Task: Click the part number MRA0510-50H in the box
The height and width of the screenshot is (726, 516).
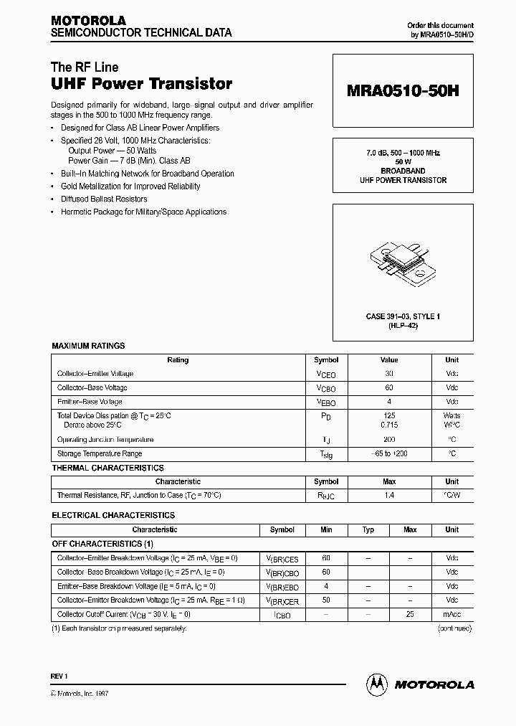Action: (x=403, y=92)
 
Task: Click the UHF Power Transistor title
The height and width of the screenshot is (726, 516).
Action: (x=141, y=84)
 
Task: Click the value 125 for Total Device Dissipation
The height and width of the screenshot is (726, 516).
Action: (x=389, y=415)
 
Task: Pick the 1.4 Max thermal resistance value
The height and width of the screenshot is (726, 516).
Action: (x=389, y=496)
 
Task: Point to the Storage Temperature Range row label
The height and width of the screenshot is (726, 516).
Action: (x=100, y=453)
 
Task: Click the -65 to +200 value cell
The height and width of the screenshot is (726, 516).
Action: (x=389, y=453)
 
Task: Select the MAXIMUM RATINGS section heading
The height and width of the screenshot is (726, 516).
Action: (x=88, y=346)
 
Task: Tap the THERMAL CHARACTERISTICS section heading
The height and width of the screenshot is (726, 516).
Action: (x=107, y=468)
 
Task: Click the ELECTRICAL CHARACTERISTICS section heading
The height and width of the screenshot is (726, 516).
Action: (x=113, y=515)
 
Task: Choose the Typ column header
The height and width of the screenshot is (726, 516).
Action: (x=368, y=529)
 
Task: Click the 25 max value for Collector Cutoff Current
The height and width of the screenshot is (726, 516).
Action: (x=410, y=615)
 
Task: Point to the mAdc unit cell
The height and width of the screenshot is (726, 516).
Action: (x=451, y=615)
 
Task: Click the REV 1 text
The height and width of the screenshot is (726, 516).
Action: (x=59, y=676)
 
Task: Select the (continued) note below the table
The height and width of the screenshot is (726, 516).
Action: (x=454, y=628)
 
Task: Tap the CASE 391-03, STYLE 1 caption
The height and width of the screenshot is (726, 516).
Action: (x=403, y=316)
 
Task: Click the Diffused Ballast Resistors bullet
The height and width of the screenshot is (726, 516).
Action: (x=104, y=199)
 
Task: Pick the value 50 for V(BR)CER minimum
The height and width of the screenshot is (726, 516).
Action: (x=326, y=600)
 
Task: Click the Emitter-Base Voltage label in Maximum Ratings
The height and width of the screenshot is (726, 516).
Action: (x=90, y=402)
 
